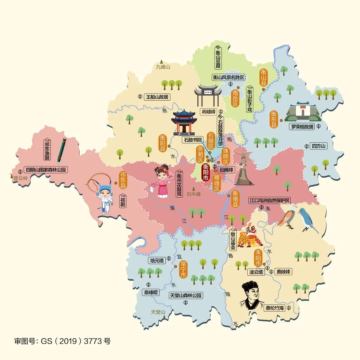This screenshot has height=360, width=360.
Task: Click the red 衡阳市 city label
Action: click(x=206, y=171)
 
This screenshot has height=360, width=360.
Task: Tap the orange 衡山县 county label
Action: click(x=264, y=78)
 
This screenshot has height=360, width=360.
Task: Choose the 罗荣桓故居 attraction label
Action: click(x=302, y=127)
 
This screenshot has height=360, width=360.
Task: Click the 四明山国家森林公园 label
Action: click(x=46, y=170)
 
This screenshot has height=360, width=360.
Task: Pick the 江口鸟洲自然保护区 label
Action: click(x=270, y=200)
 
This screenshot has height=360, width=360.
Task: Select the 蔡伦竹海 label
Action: click(x=275, y=308)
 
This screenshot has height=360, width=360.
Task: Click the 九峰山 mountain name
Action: click(x=163, y=67)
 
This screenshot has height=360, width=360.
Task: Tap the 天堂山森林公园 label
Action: click(x=186, y=295)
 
